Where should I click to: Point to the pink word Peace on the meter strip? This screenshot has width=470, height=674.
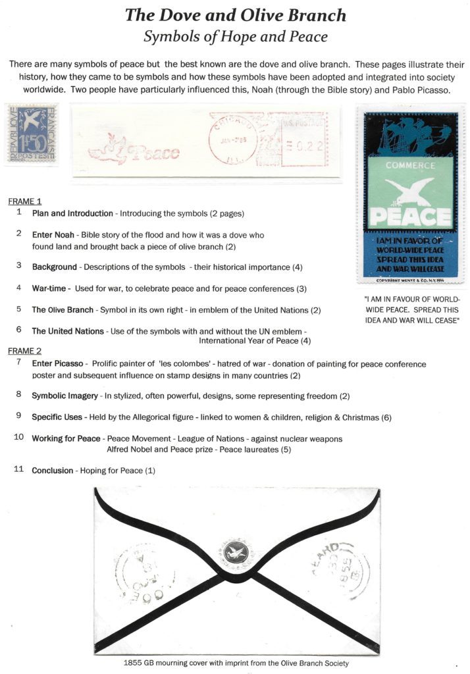coord(157,153)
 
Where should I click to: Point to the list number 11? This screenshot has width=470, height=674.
coord(19,470)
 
